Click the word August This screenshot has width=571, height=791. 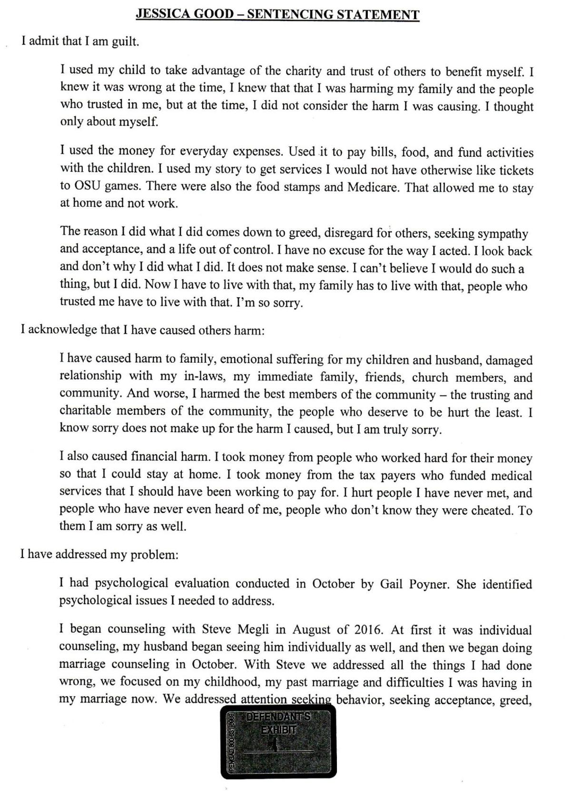(313, 630)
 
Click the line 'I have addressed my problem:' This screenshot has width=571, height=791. (99, 555)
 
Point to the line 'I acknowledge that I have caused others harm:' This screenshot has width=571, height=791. (143, 330)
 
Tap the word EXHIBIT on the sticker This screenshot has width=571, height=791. (279, 729)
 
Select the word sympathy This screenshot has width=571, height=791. (503, 233)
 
